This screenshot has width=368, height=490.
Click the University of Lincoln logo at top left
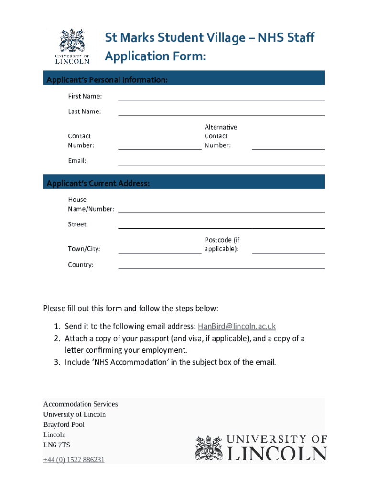(72, 46)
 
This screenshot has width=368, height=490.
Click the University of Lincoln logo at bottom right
(260, 448)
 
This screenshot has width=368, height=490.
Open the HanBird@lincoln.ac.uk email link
(237, 326)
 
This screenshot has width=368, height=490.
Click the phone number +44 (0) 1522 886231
(74, 460)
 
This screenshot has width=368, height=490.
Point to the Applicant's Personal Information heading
(107, 80)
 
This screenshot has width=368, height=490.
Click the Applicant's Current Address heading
(98, 183)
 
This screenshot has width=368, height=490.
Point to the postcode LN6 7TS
(56, 445)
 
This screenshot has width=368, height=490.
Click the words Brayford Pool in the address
(64, 424)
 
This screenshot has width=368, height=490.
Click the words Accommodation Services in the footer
(80, 404)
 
